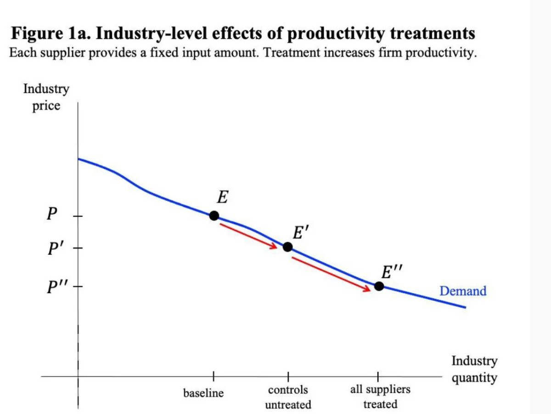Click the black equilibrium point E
[x=214, y=216]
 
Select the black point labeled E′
[x=287, y=247]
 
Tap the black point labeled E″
[x=379, y=286]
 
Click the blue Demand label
[x=462, y=291]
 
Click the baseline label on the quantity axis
[x=203, y=393]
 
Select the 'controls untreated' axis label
[x=288, y=397]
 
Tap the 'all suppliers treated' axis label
[x=380, y=397]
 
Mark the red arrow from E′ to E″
[x=331, y=274]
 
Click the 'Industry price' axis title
[x=46, y=97]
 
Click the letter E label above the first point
[x=222, y=198]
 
